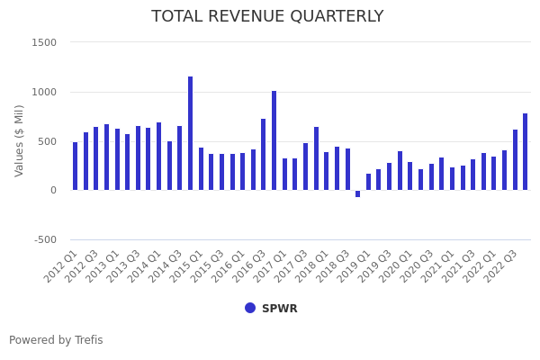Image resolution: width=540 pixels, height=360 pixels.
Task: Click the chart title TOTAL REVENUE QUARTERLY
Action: point(267,17)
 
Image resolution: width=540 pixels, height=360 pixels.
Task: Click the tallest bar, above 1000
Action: point(190,133)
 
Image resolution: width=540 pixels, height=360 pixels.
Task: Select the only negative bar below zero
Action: point(357,193)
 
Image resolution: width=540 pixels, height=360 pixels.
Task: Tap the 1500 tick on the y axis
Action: point(44,42)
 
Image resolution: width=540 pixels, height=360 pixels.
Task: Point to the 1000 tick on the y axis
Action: point(44,92)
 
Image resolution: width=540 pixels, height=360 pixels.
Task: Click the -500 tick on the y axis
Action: point(44,239)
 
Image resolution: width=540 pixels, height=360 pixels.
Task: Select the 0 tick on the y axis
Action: point(52,190)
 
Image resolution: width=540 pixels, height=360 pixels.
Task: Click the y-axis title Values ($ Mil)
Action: point(20,140)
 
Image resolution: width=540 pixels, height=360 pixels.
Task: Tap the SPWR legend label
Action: point(279,309)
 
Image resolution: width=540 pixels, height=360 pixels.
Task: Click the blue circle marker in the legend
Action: point(250,308)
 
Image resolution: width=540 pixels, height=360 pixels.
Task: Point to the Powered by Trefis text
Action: point(56,340)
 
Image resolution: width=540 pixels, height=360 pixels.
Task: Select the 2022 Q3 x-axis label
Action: point(502,265)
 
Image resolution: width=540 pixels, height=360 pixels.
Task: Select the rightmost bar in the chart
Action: point(526,152)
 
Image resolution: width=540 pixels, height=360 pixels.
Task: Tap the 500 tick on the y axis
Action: point(47,141)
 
